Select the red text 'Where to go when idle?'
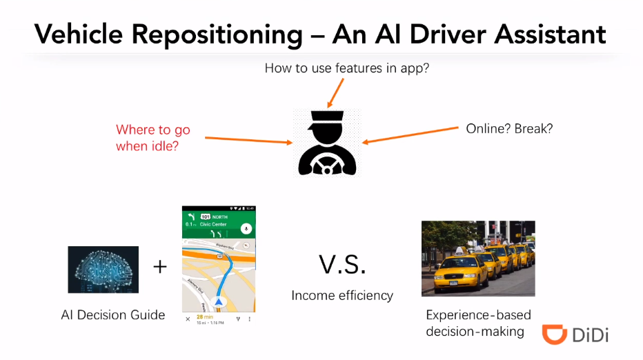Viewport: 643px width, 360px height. click(x=152, y=137)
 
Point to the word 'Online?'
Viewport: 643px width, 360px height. click(x=486, y=128)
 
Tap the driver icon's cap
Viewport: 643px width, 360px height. click(x=327, y=118)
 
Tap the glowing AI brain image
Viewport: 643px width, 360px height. click(x=103, y=270)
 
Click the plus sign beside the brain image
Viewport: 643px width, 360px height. click(x=160, y=266)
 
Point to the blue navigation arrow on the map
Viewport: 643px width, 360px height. click(x=219, y=301)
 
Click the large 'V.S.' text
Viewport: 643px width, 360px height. click(x=342, y=265)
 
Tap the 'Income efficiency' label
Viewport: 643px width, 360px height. click(x=342, y=295)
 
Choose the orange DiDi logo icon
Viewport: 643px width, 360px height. click(x=553, y=334)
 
